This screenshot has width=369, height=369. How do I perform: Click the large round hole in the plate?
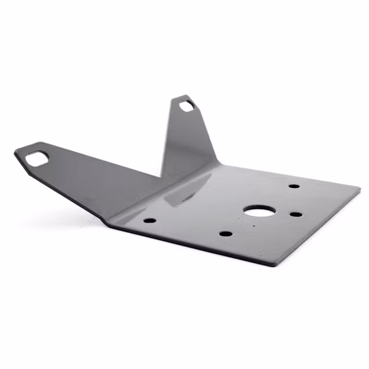(x=255, y=211)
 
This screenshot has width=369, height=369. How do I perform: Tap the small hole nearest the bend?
(x=150, y=220)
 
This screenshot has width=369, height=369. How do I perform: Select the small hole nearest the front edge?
(x=226, y=234)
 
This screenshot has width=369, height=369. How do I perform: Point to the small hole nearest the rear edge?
(x=294, y=186)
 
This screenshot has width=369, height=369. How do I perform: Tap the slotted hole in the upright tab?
(x=186, y=105)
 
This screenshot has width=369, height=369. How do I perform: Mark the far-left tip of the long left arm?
(x=15, y=153)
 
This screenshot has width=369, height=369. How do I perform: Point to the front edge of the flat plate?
(x=195, y=244)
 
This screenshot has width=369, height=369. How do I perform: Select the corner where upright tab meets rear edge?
(x=218, y=163)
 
